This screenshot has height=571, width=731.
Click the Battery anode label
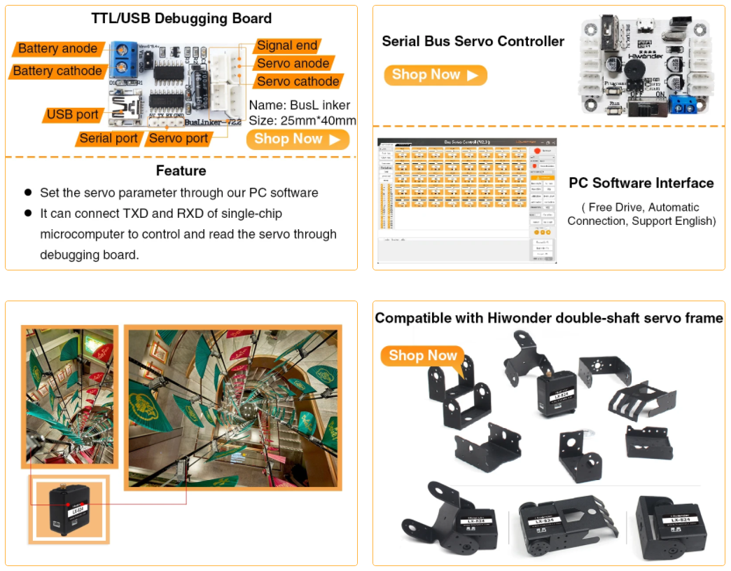tap(58, 49)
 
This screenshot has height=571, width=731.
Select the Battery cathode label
tap(58, 71)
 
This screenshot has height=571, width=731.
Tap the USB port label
tap(73, 114)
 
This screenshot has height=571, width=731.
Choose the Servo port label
tap(179, 138)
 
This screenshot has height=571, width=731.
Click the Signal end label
tap(287, 46)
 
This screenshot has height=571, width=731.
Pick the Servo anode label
tap(293, 63)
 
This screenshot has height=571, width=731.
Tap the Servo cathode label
tap(298, 81)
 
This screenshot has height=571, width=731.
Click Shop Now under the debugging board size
tap(298, 139)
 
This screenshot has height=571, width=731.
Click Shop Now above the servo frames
tap(423, 355)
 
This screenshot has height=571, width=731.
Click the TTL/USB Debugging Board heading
tap(181, 19)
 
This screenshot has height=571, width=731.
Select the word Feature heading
tap(181, 171)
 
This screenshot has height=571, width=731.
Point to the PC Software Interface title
tap(641, 183)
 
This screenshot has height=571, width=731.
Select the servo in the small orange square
tap(69, 509)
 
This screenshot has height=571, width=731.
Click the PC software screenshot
tap(466, 200)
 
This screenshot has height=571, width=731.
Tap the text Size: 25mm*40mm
tap(302, 121)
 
